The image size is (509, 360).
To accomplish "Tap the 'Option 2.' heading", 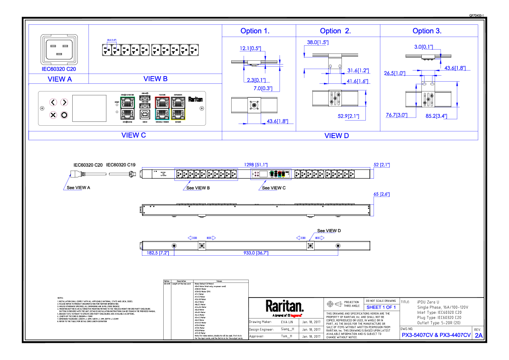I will (335, 31).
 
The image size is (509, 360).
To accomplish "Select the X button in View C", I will (53, 115).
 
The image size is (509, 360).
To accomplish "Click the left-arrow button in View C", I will (53, 102).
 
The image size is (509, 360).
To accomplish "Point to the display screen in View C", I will (89, 108).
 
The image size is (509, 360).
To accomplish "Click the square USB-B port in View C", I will (144, 114).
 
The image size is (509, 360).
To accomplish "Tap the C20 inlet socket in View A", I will (59, 50).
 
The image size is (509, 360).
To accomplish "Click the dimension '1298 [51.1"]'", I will (256, 165).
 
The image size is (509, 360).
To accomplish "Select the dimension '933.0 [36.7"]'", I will (256, 253).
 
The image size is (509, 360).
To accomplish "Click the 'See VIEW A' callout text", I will (79, 188).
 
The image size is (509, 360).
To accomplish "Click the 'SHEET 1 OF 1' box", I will (381, 307).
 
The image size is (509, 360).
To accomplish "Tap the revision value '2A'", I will (478, 336).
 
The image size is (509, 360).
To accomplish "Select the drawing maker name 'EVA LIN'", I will (287, 322).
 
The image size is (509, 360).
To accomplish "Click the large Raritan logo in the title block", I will (285, 306).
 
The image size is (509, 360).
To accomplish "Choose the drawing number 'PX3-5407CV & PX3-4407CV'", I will (435, 336).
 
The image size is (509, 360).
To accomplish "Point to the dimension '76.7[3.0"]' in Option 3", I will (397, 115).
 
